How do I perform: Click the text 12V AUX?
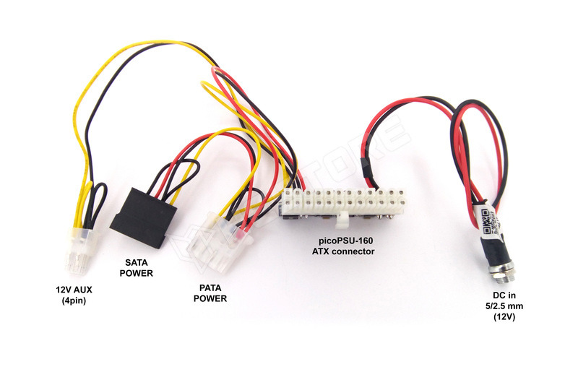pos(74,290)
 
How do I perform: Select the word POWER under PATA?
pos(210,298)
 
